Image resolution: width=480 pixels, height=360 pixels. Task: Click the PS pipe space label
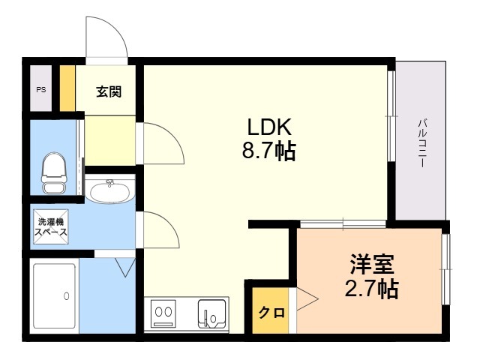[x=41, y=90]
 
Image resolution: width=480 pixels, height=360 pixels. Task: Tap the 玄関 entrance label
[x=109, y=91]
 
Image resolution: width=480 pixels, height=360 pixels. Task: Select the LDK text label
[x=269, y=127]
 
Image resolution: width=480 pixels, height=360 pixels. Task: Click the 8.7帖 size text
[x=269, y=151]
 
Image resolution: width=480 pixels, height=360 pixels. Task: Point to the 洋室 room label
[x=372, y=264]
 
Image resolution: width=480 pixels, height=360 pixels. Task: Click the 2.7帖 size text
[x=372, y=288]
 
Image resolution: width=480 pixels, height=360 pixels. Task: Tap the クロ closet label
[x=271, y=313]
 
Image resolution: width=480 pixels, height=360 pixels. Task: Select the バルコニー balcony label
[x=423, y=143]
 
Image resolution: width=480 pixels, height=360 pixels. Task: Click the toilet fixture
[x=54, y=173]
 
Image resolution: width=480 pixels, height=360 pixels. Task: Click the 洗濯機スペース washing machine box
[x=51, y=226]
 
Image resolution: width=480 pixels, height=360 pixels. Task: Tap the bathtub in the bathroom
[x=54, y=296]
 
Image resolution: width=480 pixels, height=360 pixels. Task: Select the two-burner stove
[x=163, y=313]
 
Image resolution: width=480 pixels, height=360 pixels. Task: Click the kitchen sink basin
[x=211, y=313]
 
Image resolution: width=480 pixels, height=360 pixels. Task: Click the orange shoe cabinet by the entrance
[x=67, y=88]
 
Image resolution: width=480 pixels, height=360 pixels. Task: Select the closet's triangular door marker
[x=307, y=298]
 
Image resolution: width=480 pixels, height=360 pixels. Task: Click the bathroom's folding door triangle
[x=125, y=267]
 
